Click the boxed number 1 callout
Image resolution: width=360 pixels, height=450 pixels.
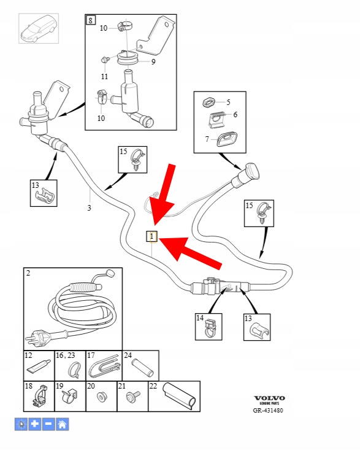152,236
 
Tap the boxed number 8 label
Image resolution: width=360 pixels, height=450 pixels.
91,20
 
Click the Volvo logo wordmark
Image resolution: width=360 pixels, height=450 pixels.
269,398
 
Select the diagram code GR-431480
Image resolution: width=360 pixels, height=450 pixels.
268,410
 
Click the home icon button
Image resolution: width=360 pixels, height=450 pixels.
63,424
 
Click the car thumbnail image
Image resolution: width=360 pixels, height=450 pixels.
39,28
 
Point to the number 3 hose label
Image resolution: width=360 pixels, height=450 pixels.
89,208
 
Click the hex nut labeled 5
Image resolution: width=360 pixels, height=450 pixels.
209,103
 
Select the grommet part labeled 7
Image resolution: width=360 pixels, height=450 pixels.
227,139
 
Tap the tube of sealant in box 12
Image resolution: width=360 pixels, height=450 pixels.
37,366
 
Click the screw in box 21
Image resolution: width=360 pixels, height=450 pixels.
132,396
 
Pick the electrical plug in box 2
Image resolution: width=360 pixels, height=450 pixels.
39,338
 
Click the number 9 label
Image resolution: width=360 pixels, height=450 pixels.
153,62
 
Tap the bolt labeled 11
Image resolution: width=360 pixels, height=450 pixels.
105,60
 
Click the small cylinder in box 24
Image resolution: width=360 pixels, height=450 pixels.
142,368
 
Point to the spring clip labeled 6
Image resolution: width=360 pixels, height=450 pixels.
218,120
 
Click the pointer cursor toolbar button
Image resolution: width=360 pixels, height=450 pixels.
21,424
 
